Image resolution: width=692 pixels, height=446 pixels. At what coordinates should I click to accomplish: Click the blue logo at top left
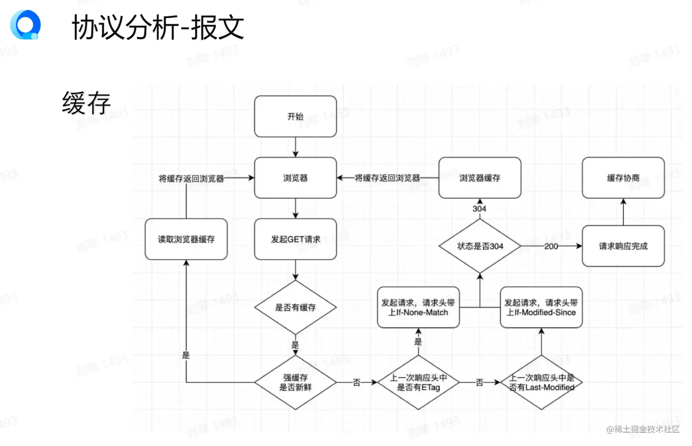(26, 25)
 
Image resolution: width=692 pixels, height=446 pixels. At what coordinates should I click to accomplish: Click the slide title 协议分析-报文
(158, 27)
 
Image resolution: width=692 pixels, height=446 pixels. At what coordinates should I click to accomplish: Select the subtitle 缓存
(86, 103)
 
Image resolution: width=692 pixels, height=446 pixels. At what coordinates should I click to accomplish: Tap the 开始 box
(295, 117)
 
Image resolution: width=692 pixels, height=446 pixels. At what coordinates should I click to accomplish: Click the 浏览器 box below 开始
(295, 178)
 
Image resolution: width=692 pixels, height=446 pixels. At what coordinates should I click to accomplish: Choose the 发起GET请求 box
(295, 239)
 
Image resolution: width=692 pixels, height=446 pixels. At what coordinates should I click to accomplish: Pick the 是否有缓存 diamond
(295, 307)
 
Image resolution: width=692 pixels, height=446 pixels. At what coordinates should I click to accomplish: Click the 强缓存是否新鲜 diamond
(295, 382)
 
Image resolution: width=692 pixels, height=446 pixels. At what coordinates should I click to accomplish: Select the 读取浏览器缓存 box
(186, 239)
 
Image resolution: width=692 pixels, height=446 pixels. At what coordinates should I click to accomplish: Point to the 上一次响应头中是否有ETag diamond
(418, 382)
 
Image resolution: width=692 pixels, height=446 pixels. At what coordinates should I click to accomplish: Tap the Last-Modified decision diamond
(541, 382)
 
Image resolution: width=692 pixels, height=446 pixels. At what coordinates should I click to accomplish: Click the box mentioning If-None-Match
(418, 307)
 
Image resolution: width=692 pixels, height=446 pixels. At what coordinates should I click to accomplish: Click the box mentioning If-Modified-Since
(541, 307)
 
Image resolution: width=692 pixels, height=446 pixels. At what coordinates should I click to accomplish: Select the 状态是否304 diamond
(480, 246)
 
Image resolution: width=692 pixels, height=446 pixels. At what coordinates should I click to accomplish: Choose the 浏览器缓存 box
(480, 178)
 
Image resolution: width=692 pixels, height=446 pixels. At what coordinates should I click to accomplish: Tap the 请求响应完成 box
(623, 246)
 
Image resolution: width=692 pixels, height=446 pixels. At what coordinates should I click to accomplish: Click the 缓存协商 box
(623, 178)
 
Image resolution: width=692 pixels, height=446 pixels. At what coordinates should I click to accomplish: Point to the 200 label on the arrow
(551, 246)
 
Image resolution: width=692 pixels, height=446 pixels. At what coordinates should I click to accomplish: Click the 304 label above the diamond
(479, 209)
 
